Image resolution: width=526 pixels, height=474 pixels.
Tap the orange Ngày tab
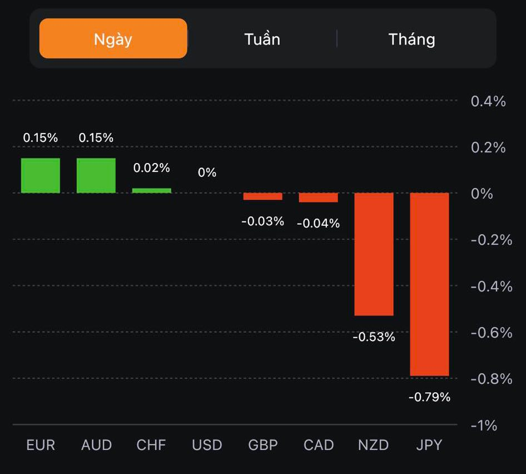(x=113, y=39)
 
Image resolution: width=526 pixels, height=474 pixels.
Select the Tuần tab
(x=262, y=39)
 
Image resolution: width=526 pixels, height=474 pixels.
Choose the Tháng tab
(x=411, y=39)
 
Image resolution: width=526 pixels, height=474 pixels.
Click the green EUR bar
(x=41, y=176)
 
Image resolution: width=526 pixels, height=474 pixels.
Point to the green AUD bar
(x=96, y=176)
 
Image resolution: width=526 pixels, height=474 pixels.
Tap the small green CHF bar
(x=152, y=190)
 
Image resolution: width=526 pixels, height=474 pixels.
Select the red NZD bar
(x=374, y=254)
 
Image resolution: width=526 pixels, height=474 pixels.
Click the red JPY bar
(x=429, y=284)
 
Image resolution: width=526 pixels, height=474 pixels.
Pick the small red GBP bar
(x=262, y=196)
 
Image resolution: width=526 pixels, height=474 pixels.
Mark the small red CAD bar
(x=318, y=197)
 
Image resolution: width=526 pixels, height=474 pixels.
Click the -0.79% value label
(x=429, y=397)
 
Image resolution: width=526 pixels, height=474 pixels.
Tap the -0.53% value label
(x=374, y=337)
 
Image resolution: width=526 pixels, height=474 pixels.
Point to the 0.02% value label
(x=152, y=167)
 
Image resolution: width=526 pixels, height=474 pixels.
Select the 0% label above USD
(x=207, y=172)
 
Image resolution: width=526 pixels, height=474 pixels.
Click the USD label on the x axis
(x=207, y=445)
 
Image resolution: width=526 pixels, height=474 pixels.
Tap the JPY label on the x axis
(x=429, y=445)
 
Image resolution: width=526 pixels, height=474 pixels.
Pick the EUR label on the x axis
(x=41, y=445)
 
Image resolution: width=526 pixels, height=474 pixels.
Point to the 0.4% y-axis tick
(x=488, y=101)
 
